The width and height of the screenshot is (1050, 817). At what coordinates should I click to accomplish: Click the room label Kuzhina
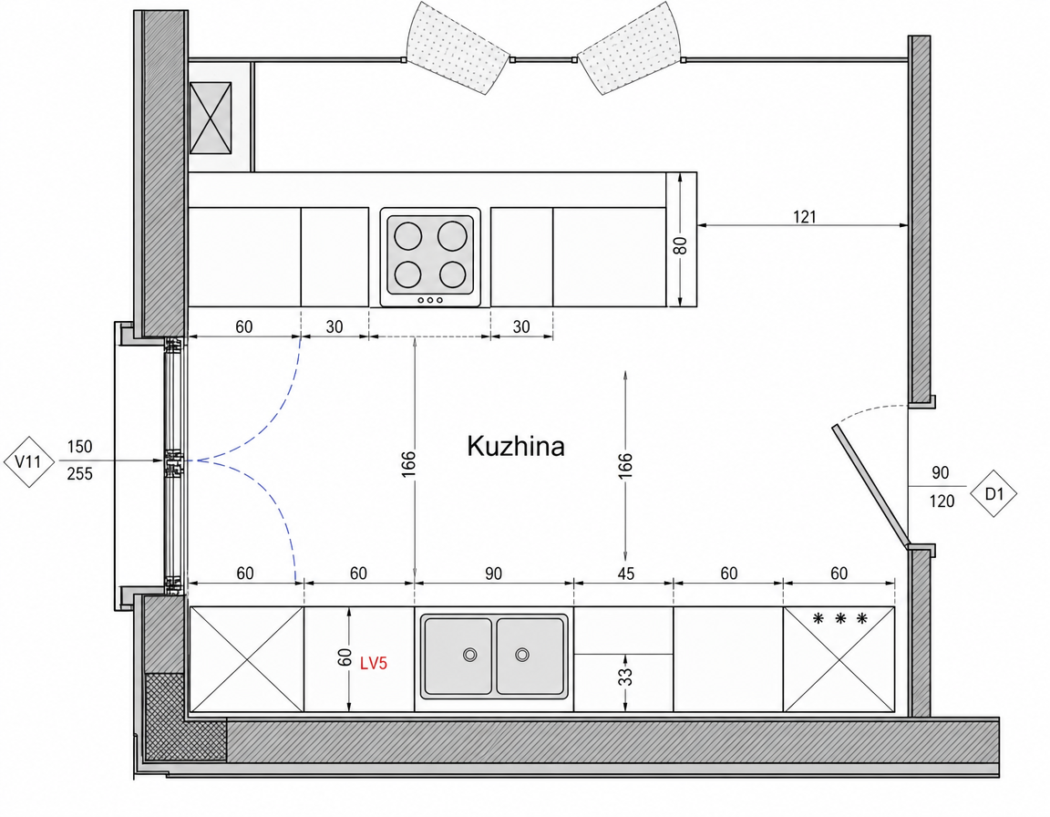click(x=516, y=446)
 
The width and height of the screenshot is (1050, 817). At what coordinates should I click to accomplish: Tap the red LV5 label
click(x=374, y=663)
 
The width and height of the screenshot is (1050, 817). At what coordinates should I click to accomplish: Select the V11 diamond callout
click(x=28, y=461)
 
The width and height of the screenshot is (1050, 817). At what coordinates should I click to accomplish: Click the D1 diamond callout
click(x=994, y=493)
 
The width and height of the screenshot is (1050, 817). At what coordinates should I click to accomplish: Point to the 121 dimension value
click(x=805, y=216)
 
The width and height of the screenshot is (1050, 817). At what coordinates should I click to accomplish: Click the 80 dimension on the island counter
click(x=681, y=246)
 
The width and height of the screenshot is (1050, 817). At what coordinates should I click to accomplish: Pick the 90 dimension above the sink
click(x=493, y=574)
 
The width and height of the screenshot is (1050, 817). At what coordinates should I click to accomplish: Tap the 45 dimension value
click(x=625, y=574)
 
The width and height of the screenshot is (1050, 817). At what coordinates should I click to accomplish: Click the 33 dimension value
click(x=625, y=677)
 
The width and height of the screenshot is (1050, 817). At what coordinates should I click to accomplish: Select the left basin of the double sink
click(x=458, y=656)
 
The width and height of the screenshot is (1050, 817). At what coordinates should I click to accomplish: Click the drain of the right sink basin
click(x=522, y=655)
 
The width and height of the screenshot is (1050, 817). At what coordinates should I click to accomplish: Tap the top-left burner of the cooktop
click(x=407, y=236)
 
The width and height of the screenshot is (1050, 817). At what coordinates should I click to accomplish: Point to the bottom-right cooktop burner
click(x=452, y=274)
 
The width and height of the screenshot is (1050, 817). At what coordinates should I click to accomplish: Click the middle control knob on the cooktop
click(x=430, y=300)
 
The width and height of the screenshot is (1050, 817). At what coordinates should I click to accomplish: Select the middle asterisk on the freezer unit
click(x=840, y=619)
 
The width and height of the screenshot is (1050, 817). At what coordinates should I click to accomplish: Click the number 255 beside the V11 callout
click(x=79, y=474)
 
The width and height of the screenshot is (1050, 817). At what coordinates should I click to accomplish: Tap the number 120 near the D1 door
click(x=942, y=501)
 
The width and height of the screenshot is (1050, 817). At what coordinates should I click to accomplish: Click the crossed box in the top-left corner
click(x=211, y=118)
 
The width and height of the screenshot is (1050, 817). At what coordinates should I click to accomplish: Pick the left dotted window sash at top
click(x=458, y=48)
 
